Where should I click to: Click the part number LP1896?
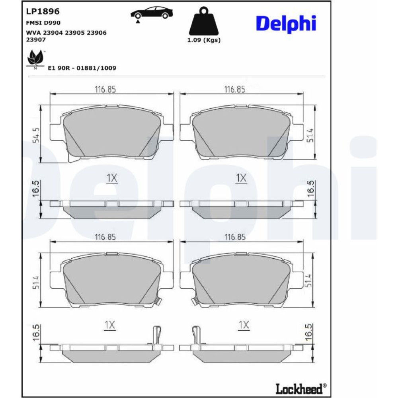(x=43, y=11)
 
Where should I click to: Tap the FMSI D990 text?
(x=43, y=23)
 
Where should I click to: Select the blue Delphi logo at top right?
(x=286, y=23)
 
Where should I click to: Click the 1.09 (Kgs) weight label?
(x=204, y=40)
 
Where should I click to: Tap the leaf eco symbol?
(x=35, y=59)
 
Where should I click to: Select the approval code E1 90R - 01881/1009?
(x=82, y=68)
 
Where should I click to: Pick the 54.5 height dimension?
(x=36, y=135)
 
